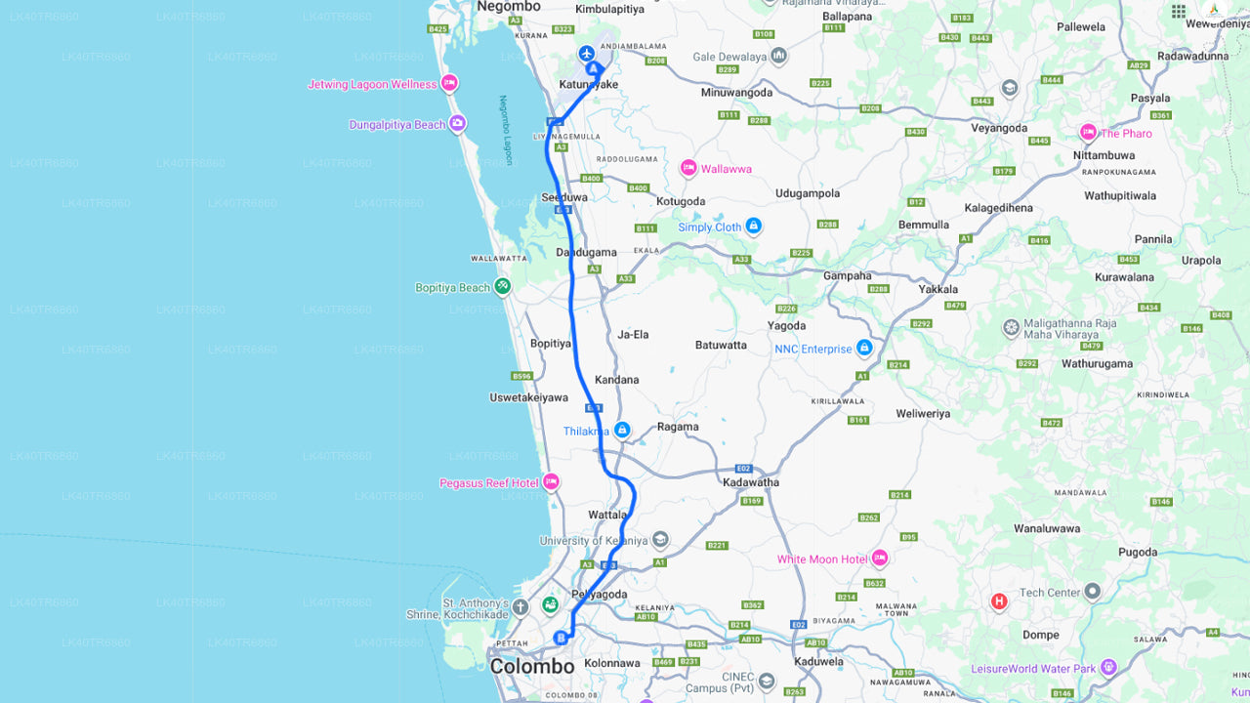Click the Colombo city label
click(x=532, y=667)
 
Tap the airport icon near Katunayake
click(x=586, y=53)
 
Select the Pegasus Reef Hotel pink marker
click(x=551, y=482)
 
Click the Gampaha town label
click(x=847, y=275)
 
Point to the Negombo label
click(x=508, y=7)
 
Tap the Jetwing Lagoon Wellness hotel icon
click(x=449, y=83)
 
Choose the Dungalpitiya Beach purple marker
click(x=457, y=124)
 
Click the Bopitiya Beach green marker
click(x=502, y=287)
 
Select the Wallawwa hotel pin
click(x=688, y=168)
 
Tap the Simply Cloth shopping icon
click(x=753, y=227)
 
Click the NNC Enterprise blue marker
click(x=863, y=349)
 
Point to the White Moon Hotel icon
click(x=879, y=558)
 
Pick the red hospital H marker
click(x=998, y=601)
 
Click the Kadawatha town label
click(x=750, y=482)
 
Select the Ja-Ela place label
click(x=633, y=335)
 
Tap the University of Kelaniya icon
click(x=660, y=540)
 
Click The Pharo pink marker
click(x=1088, y=133)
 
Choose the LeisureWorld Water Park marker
click(x=1107, y=669)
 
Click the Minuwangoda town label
click(x=736, y=93)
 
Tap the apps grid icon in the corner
click(x=1179, y=11)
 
